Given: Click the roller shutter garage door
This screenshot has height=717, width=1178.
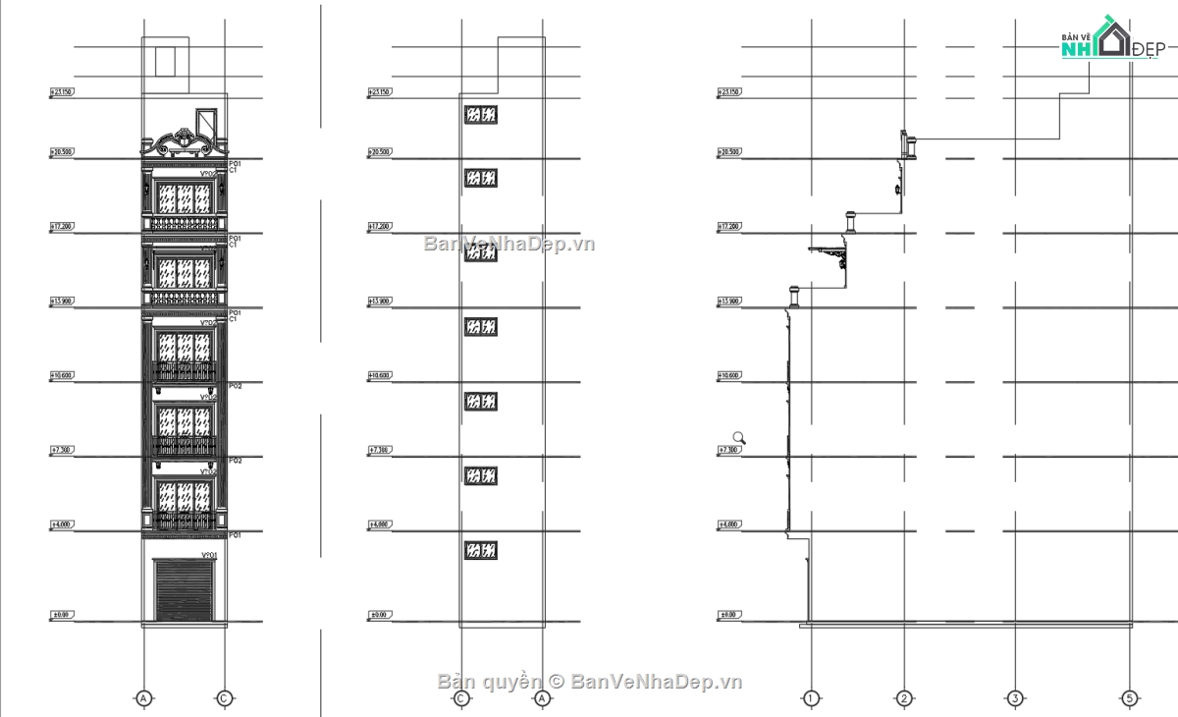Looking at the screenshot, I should pyautogui.click(x=184, y=590).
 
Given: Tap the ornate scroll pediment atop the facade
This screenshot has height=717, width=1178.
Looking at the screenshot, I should pyautogui.click(x=184, y=144).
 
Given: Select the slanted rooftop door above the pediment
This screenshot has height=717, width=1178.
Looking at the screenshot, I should pyautogui.click(x=206, y=122).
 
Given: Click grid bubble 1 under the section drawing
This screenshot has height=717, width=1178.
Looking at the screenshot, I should pyautogui.click(x=811, y=698).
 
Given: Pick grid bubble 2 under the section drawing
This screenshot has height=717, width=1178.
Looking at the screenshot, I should pyautogui.click(x=903, y=698).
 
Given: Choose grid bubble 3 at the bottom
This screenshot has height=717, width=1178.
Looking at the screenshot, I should pyautogui.click(x=1014, y=698).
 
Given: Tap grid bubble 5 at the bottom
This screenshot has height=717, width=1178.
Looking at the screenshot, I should pyautogui.click(x=1130, y=698).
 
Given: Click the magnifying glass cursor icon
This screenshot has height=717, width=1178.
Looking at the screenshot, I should pyautogui.click(x=739, y=438).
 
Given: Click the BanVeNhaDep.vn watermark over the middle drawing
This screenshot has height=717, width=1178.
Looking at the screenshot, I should pyautogui.click(x=509, y=244).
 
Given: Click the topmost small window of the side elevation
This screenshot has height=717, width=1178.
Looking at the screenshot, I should pyautogui.click(x=481, y=115).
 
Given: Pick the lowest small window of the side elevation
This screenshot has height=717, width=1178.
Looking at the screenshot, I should pyautogui.click(x=481, y=550).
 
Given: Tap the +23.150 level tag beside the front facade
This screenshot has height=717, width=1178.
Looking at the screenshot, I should pyautogui.click(x=62, y=92).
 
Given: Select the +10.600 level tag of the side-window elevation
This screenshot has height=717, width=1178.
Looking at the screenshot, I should pyautogui.click(x=379, y=375).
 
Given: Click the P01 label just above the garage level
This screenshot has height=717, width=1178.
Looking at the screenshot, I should pyautogui.click(x=235, y=535).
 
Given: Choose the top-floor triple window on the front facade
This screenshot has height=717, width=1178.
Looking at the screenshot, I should pyautogui.click(x=185, y=200).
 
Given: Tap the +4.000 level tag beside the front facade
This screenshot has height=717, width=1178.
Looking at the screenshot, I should pyautogui.click(x=62, y=525).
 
